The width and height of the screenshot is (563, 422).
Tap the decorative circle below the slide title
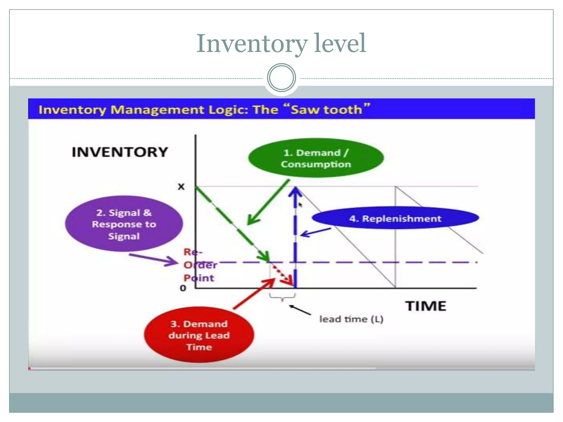pyautogui.click(x=281, y=77)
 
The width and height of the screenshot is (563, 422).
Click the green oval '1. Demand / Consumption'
pyautogui.click(x=316, y=158)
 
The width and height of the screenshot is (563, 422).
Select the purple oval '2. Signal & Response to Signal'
pyautogui.click(x=124, y=224)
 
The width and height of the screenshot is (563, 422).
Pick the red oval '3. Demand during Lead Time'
pyautogui.click(x=199, y=335)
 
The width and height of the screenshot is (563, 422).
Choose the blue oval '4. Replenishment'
pyautogui.click(x=395, y=218)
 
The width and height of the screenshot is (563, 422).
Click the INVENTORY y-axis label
pyautogui.click(x=120, y=152)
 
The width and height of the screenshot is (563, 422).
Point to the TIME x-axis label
pyautogui.click(x=426, y=306)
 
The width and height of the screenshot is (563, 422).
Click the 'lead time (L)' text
pyautogui.click(x=351, y=319)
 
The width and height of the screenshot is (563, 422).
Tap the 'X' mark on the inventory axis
pyautogui.click(x=181, y=187)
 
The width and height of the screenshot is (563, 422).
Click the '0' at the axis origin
pyautogui.click(x=183, y=288)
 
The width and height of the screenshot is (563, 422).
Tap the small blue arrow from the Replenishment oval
pyautogui.click(x=316, y=232)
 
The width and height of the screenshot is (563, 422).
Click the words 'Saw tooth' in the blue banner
pyautogui.click(x=326, y=110)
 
